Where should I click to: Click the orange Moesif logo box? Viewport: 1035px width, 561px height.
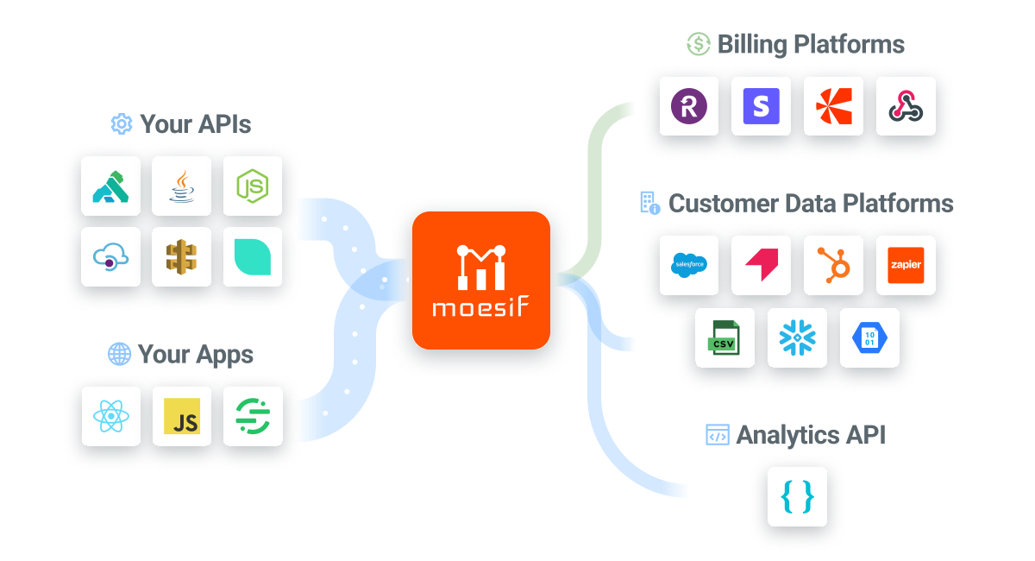[480, 280]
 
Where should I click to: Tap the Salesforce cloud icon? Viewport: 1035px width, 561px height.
[689, 265]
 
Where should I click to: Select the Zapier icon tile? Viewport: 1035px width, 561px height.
[906, 265]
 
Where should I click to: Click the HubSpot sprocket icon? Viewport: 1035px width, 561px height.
[833, 265]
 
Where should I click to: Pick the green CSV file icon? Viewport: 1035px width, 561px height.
[724, 337]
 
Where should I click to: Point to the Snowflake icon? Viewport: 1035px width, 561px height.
[797, 337]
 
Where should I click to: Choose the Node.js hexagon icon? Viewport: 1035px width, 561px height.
[253, 186]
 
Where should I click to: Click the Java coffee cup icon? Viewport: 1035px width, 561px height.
[181, 186]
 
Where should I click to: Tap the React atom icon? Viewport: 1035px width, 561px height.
[110, 417]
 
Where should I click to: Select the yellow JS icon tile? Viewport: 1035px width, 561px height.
[181, 417]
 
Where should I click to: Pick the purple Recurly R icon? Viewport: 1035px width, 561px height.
[689, 106]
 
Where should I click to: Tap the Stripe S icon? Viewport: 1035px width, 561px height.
[761, 106]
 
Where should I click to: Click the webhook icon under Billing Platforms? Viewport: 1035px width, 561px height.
[906, 106]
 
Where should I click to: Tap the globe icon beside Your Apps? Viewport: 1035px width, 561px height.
[119, 354]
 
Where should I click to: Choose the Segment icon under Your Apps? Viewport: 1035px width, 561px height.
[253, 417]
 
